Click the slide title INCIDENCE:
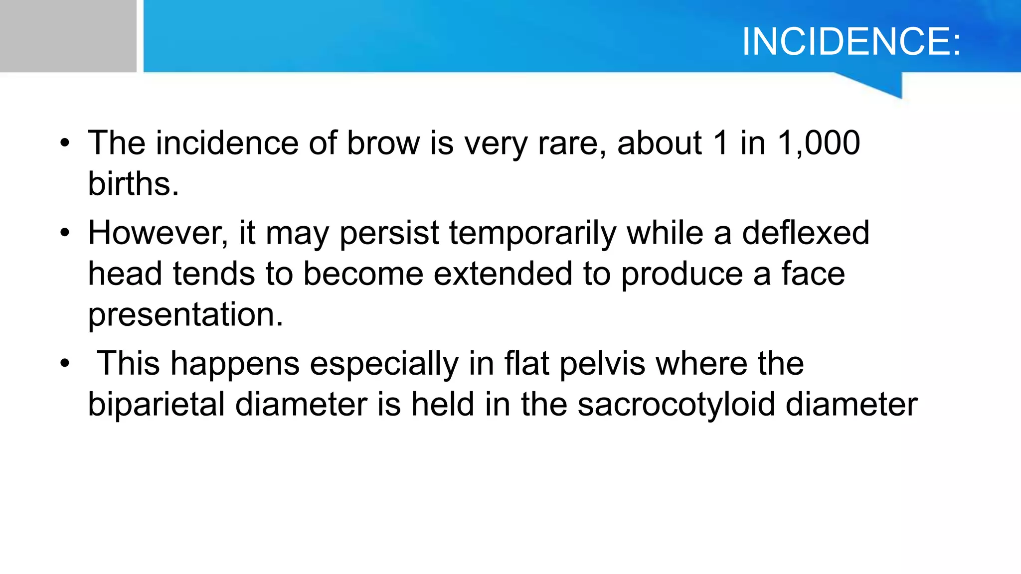point(851,42)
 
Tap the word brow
point(383,143)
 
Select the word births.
point(133,184)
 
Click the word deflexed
point(806,233)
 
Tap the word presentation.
point(185,315)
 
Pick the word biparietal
point(156,405)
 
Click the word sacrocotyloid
point(676,405)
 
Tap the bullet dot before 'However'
point(65,234)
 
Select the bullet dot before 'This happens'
point(65,364)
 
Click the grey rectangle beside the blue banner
point(68,36)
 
